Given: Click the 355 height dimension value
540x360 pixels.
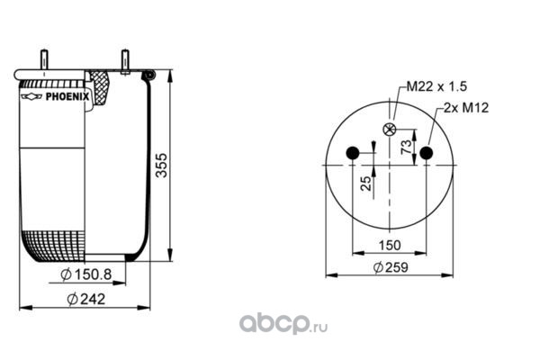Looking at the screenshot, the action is (161, 166).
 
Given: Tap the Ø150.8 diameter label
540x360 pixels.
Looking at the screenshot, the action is (86, 274).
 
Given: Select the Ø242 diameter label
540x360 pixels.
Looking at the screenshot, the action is (86, 299).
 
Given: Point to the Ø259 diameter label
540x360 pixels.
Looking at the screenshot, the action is (391, 267).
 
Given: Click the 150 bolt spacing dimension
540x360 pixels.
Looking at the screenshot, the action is (390, 246).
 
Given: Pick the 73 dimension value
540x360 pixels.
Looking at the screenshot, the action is (407, 147).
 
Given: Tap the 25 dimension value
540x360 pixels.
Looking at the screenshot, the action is (366, 184).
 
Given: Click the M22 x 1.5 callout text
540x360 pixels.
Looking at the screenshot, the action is (436, 86).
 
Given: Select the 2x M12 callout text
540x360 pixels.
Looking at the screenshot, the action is (466, 108).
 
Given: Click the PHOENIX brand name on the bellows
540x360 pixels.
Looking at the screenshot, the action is (67, 97).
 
